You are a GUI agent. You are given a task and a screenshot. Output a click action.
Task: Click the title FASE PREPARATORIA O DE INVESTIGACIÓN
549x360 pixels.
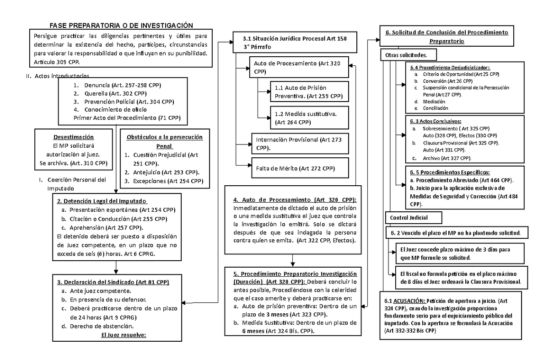tap(121, 26)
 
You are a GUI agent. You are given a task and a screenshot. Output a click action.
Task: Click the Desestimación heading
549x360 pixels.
tap(73, 137)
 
